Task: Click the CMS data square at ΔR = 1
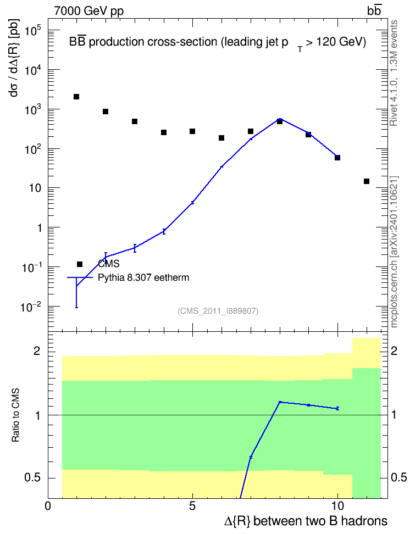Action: click(76, 97)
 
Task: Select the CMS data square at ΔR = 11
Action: click(367, 181)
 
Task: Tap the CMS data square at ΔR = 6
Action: click(221, 138)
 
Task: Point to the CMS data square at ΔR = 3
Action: click(135, 121)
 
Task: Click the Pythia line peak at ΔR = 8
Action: click(280, 119)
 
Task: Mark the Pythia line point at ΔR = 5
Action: click(192, 203)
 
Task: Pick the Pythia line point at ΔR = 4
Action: click(164, 232)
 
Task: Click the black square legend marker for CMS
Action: click(80, 264)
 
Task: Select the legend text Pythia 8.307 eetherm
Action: click(143, 277)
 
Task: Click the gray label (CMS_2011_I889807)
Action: click(218, 311)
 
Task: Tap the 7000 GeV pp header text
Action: click(88, 11)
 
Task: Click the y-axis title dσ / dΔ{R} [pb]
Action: click(14, 58)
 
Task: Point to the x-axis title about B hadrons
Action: click(306, 521)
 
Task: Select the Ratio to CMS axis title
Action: click(15, 415)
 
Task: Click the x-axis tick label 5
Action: click(192, 506)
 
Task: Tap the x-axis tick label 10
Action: click(337, 506)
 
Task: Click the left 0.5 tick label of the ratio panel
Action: click(32, 478)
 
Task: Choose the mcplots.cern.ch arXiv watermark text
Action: click(394, 252)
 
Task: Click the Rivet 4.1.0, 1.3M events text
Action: click(394, 73)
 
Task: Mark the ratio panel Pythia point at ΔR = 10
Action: click(338, 408)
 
